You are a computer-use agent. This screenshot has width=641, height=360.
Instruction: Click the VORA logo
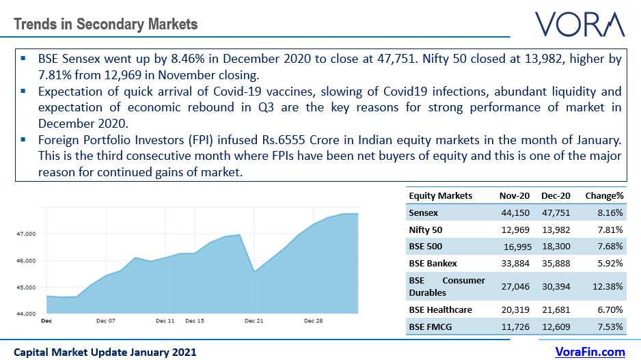[x=579, y=24]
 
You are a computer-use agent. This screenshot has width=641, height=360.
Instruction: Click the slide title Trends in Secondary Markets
[x=105, y=25]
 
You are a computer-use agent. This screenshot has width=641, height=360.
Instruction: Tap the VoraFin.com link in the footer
[x=589, y=352]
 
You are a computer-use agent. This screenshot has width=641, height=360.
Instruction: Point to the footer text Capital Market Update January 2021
[x=105, y=352]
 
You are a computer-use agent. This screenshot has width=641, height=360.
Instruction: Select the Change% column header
[x=604, y=195]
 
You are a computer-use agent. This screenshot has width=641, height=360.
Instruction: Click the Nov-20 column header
[x=515, y=195]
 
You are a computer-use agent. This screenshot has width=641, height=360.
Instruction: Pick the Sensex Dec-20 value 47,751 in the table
[x=557, y=213]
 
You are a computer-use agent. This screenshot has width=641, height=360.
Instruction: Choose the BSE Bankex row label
[x=433, y=263]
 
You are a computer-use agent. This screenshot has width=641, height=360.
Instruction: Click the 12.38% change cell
[x=608, y=286]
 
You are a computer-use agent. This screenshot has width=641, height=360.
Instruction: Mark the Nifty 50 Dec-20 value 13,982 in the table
[x=557, y=230]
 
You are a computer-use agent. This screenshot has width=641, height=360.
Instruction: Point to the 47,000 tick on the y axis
[x=25, y=234]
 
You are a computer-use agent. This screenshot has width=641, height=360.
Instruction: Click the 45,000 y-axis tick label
[x=25, y=287]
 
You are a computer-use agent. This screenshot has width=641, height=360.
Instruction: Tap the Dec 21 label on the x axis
[x=254, y=320]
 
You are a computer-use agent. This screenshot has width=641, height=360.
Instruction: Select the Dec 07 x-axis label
[x=106, y=320]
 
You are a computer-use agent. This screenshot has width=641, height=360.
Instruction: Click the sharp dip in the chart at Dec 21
[x=254, y=272]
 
